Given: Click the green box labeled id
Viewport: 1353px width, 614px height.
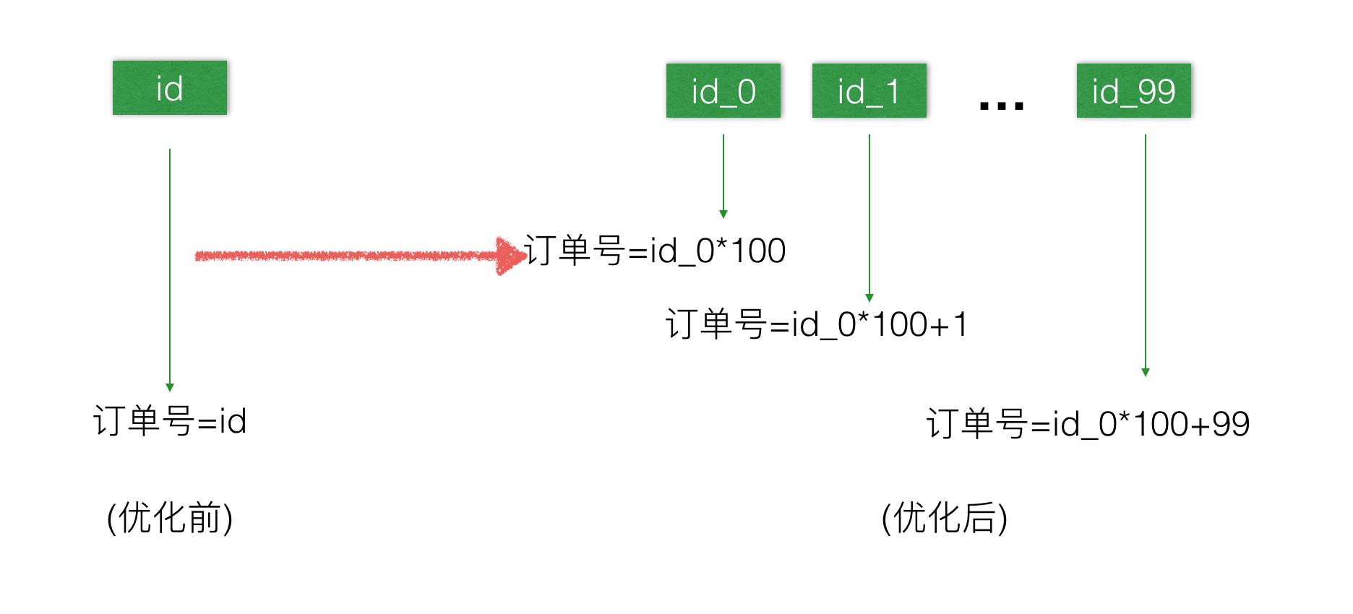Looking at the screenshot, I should click(x=170, y=87).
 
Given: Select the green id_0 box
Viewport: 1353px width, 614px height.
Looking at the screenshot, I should click(x=723, y=90).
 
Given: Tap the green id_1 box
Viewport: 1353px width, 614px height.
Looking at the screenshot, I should click(x=869, y=90).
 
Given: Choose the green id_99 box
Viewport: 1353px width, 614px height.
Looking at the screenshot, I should click(x=1133, y=90).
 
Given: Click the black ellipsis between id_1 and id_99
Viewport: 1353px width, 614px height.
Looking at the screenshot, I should click(x=1001, y=106).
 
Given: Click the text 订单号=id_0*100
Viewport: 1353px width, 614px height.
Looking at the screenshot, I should click(x=655, y=251).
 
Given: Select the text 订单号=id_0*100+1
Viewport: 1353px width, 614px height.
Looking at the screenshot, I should click(x=816, y=324).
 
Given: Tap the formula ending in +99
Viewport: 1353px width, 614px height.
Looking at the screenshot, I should click(x=1088, y=423).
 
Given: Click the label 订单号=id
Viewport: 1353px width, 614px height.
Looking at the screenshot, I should click(x=170, y=420).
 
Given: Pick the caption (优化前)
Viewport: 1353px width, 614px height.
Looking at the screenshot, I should click(x=170, y=518).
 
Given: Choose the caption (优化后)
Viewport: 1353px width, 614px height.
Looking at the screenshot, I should click(x=945, y=518).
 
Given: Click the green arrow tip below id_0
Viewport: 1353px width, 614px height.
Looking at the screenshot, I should click(x=723, y=214).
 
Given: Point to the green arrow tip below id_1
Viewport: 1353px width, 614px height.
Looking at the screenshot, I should click(x=869, y=298).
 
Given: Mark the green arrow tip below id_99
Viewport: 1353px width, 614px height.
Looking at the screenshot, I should click(x=1145, y=372).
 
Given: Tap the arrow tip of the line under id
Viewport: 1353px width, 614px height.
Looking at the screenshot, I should click(x=170, y=387).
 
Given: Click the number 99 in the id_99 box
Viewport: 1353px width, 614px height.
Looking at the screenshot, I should click(x=1156, y=91).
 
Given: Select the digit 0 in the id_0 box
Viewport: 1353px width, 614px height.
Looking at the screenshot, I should click(x=747, y=92).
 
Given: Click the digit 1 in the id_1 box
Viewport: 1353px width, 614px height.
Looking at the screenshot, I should click(x=892, y=92).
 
